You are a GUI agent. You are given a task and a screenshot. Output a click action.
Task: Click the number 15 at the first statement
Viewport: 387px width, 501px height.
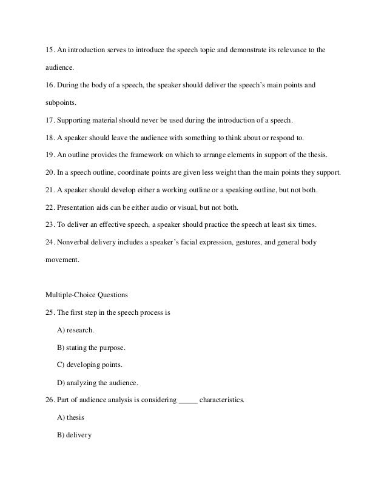click(x=50, y=47)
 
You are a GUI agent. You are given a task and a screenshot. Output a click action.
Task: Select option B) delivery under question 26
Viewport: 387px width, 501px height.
click(x=73, y=418)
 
